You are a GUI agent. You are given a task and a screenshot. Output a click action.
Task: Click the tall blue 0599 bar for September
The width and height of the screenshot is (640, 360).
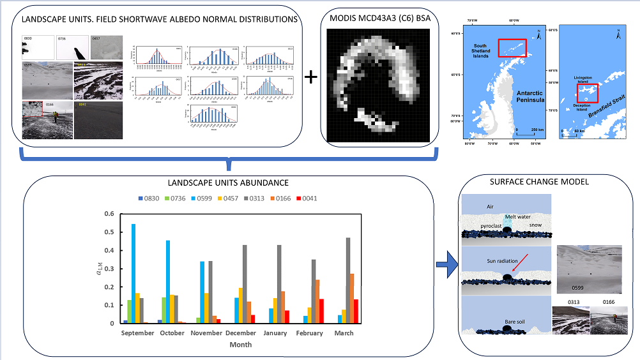click(133, 273)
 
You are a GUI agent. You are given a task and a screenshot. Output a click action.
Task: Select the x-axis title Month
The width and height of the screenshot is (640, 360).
click(241, 345)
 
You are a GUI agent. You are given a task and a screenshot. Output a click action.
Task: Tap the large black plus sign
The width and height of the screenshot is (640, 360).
click(311, 77)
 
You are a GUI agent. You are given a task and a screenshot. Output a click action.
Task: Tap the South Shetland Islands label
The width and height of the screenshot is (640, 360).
click(479, 51)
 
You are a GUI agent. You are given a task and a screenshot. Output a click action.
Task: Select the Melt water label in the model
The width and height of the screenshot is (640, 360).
click(518, 217)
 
